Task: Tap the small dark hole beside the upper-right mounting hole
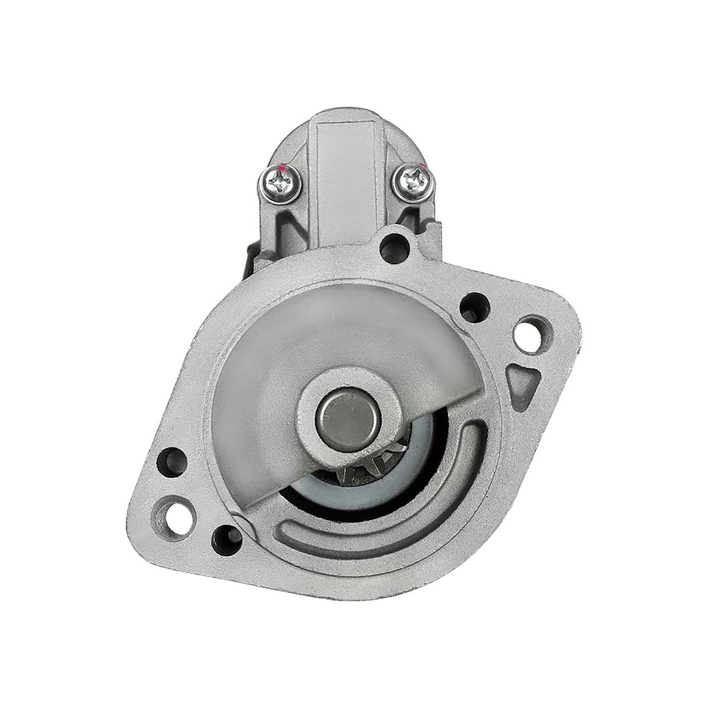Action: pos(474,307)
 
